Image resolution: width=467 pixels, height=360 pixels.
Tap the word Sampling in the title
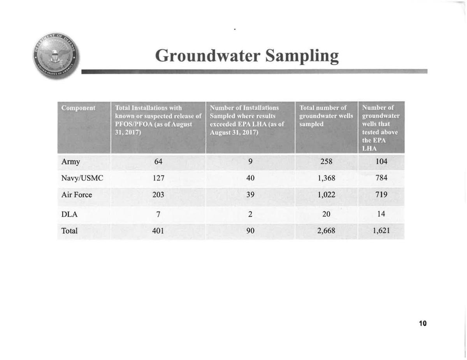pyautogui.click(x=302, y=56)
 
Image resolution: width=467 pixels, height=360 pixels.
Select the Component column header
pyautogui.click(x=79, y=108)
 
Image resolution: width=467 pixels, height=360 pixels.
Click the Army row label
pyautogui.click(x=70, y=162)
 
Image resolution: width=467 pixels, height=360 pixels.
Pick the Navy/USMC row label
pyautogui.click(x=82, y=178)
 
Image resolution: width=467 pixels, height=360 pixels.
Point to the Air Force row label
pyautogui.click(x=77, y=195)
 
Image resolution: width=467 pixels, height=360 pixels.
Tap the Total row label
pyautogui.click(x=69, y=231)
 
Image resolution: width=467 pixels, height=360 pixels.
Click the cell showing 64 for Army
pyautogui.click(x=158, y=162)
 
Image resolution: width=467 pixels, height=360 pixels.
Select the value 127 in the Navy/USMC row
pyautogui.click(x=158, y=178)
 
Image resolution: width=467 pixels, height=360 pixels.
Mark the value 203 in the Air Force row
pyautogui.click(x=158, y=195)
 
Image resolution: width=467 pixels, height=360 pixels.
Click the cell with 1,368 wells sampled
pyautogui.click(x=326, y=178)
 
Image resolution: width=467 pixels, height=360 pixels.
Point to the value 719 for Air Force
pyautogui.click(x=381, y=195)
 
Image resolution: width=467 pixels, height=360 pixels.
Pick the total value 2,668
pyautogui.click(x=326, y=231)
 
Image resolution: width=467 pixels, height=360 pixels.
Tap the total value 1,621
pyautogui.click(x=381, y=231)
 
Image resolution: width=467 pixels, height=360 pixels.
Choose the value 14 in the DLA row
pyautogui.click(x=381, y=214)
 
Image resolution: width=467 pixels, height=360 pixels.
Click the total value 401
pyautogui.click(x=158, y=231)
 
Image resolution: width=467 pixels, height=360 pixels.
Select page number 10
pyautogui.click(x=423, y=323)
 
